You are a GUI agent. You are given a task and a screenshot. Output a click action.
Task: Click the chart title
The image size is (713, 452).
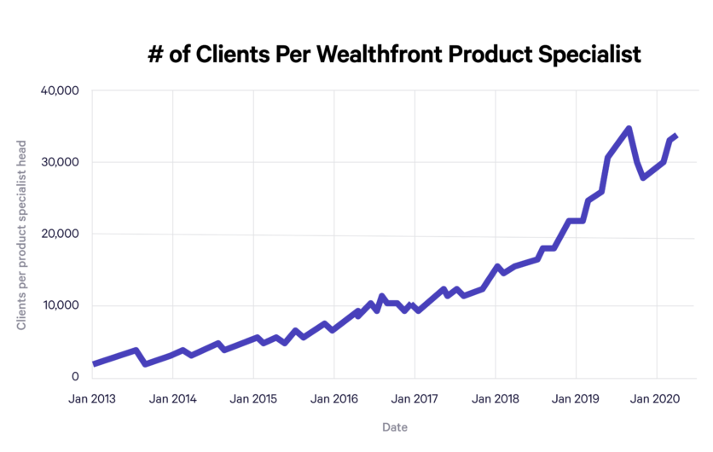[394, 55]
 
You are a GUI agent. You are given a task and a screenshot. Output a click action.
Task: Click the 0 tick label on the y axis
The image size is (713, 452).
[75, 377]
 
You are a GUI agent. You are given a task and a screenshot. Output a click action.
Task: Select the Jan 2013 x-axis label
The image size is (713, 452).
[92, 398]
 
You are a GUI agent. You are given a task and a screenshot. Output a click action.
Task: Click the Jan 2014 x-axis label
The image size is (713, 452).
[173, 398]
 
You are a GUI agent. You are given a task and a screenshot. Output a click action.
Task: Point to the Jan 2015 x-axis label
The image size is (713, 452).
[253, 398]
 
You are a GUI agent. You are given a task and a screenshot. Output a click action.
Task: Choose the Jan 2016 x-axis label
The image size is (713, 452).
[334, 398]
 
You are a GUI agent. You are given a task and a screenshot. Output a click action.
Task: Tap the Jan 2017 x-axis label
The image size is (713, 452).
[414, 398]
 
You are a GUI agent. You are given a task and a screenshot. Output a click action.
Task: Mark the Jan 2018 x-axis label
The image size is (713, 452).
[496, 398]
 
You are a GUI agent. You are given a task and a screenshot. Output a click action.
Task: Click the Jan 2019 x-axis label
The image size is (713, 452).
[576, 398]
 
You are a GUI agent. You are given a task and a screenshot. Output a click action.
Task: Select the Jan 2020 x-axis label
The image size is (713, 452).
[657, 398]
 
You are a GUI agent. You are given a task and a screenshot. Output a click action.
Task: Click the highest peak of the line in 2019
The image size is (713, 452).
[629, 129]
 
